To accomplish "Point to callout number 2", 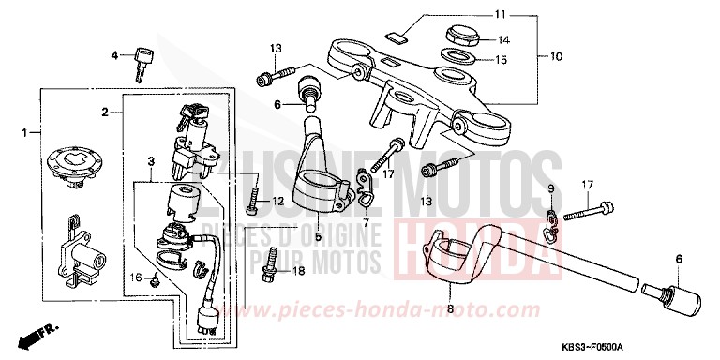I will [x=106, y=112].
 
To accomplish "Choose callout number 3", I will [x=151, y=162].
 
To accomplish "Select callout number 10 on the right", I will [x=556, y=56].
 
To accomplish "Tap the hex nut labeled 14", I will [x=459, y=39].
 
